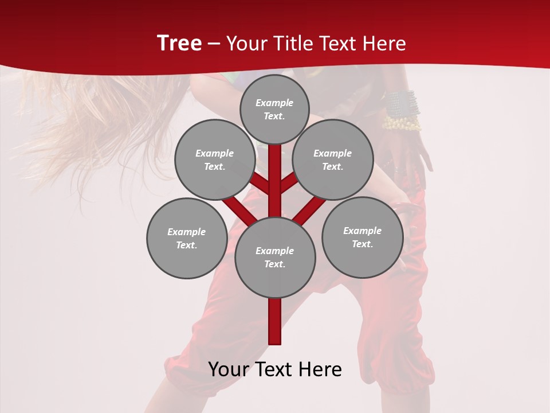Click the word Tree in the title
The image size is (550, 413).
coord(179,44)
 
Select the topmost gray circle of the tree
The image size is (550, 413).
coord(274,109)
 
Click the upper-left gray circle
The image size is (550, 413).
coord(214,159)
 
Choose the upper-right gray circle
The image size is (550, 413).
coord(333,159)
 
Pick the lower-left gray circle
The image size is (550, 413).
coord(187,238)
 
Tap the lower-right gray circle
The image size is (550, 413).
coord(362,237)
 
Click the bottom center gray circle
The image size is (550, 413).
coord(275,258)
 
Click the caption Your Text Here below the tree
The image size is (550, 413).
coord(275,369)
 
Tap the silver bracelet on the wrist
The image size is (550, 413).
coord(401,103)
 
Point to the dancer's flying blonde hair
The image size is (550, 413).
coord(103,115)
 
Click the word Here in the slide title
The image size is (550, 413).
coord(386,44)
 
